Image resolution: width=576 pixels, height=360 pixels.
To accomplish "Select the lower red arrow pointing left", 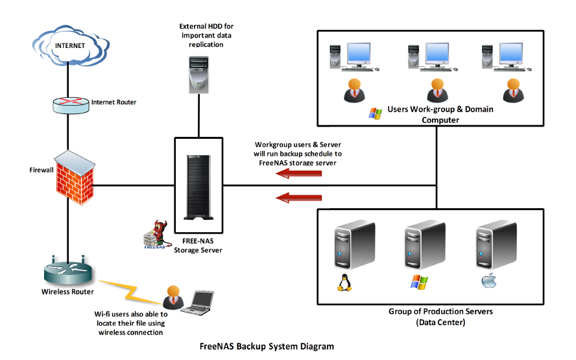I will point(299,197).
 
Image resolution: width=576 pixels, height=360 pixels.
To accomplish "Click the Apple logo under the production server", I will point(488,282).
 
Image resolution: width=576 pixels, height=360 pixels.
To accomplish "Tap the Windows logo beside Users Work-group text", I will point(375,113).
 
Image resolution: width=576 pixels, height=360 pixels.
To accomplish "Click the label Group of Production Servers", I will point(440,311).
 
